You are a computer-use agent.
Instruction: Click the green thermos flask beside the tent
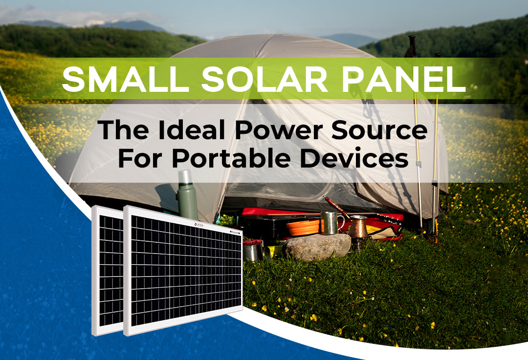pos(187,195)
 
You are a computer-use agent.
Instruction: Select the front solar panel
pos(183,271)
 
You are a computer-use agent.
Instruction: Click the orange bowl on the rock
pos(304,228)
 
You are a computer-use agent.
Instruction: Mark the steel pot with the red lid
pos(253,250)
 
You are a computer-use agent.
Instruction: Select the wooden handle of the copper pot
pos(336,205)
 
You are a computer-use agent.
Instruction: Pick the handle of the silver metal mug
pos(340,222)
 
